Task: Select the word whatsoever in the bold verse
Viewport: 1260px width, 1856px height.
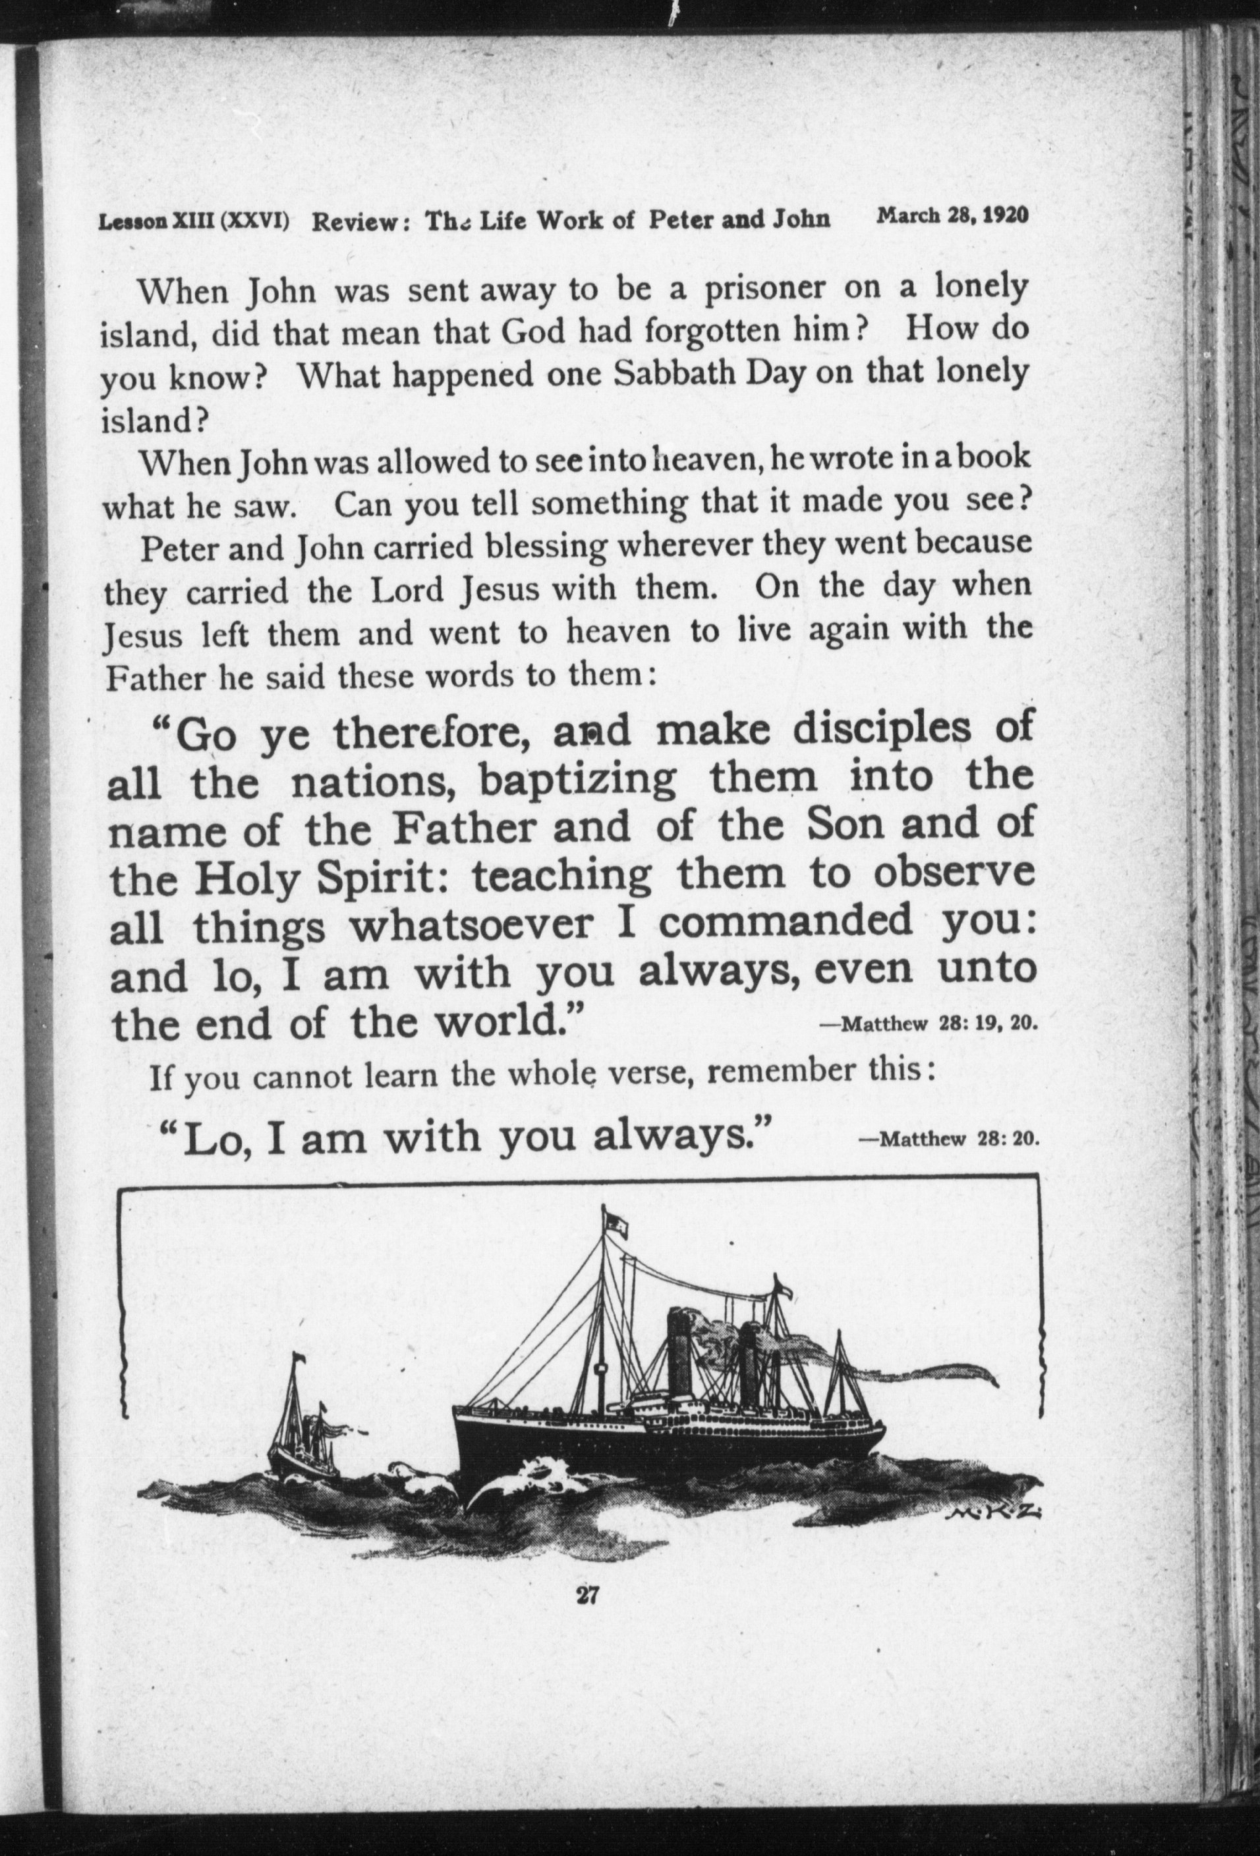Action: (x=472, y=925)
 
